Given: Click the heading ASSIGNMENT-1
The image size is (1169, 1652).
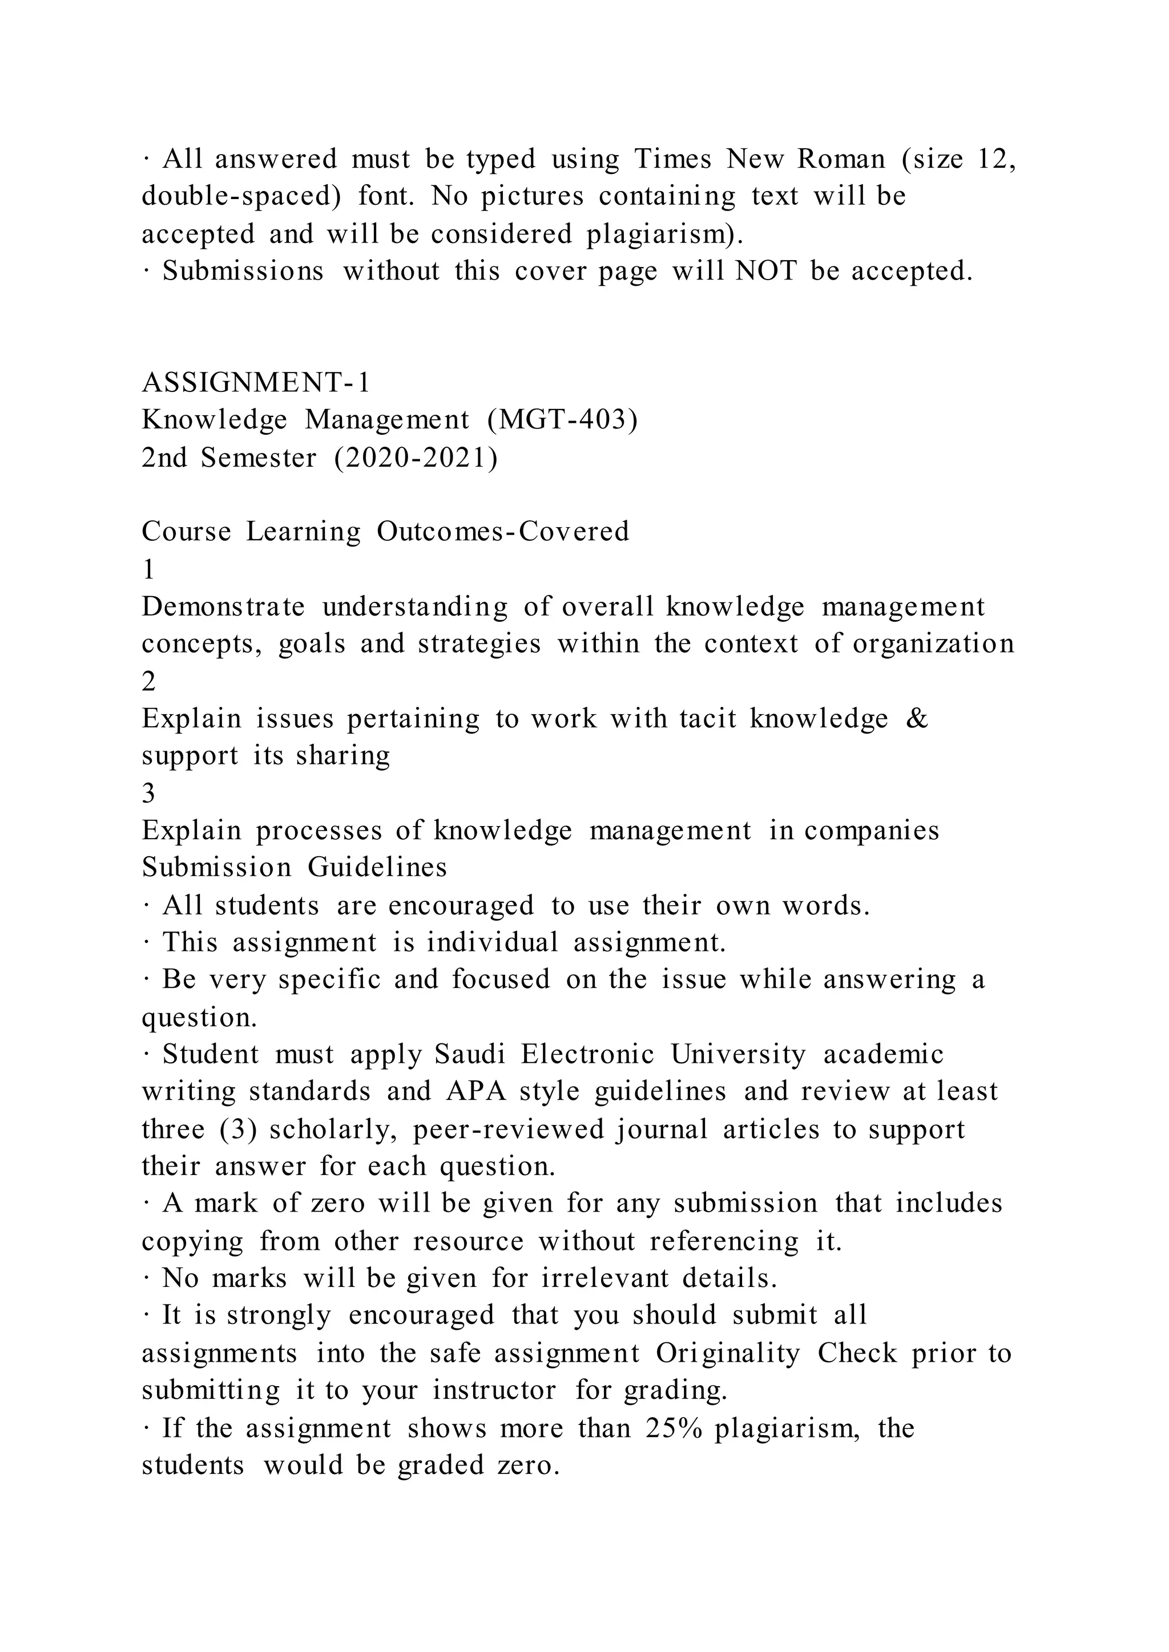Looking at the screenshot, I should pyautogui.click(x=256, y=383).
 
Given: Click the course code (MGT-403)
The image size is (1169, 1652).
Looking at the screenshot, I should pyautogui.click(x=562, y=420).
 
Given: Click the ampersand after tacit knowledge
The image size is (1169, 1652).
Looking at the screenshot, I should pyautogui.click(x=916, y=718).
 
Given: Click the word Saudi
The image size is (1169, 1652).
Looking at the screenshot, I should pyautogui.click(x=470, y=1054).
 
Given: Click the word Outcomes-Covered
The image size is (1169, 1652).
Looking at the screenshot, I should pyautogui.click(x=502, y=532).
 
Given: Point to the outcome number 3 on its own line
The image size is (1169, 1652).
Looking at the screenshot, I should pyautogui.click(x=148, y=793).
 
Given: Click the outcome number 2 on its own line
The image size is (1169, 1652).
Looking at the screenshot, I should pyautogui.click(x=148, y=681).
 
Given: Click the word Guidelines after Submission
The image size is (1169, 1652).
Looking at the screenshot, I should pyautogui.click(x=377, y=867).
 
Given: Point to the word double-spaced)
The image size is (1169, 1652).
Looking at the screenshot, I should pyautogui.click(x=241, y=196).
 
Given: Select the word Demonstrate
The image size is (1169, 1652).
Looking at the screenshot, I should pyautogui.click(x=223, y=606).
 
